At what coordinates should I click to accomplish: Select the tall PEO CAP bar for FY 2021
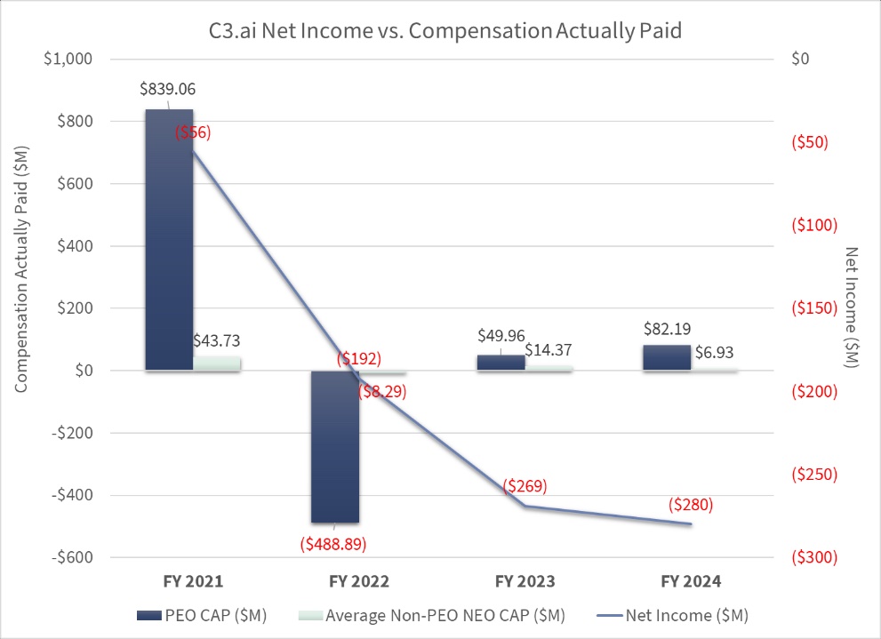coord(169,240)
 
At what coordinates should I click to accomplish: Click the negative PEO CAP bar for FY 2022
coord(334,446)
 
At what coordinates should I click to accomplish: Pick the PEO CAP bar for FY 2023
coord(501,363)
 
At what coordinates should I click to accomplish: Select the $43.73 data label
coord(216,340)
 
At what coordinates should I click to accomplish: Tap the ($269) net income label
coord(525,486)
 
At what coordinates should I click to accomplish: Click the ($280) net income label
coord(690,505)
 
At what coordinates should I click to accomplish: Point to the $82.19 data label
coord(666,328)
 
